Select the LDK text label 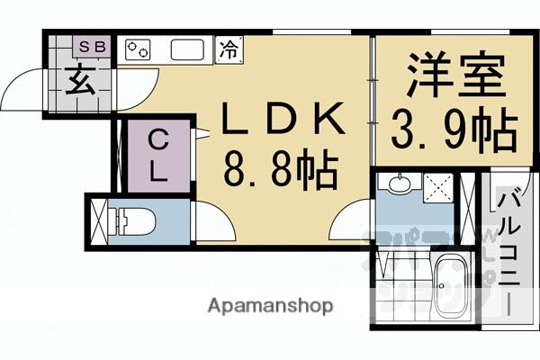click(x=283, y=119)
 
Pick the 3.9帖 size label click(x=454, y=131)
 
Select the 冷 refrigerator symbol click(x=229, y=49)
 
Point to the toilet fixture click(x=136, y=220)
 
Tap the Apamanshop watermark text click(x=271, y=305)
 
